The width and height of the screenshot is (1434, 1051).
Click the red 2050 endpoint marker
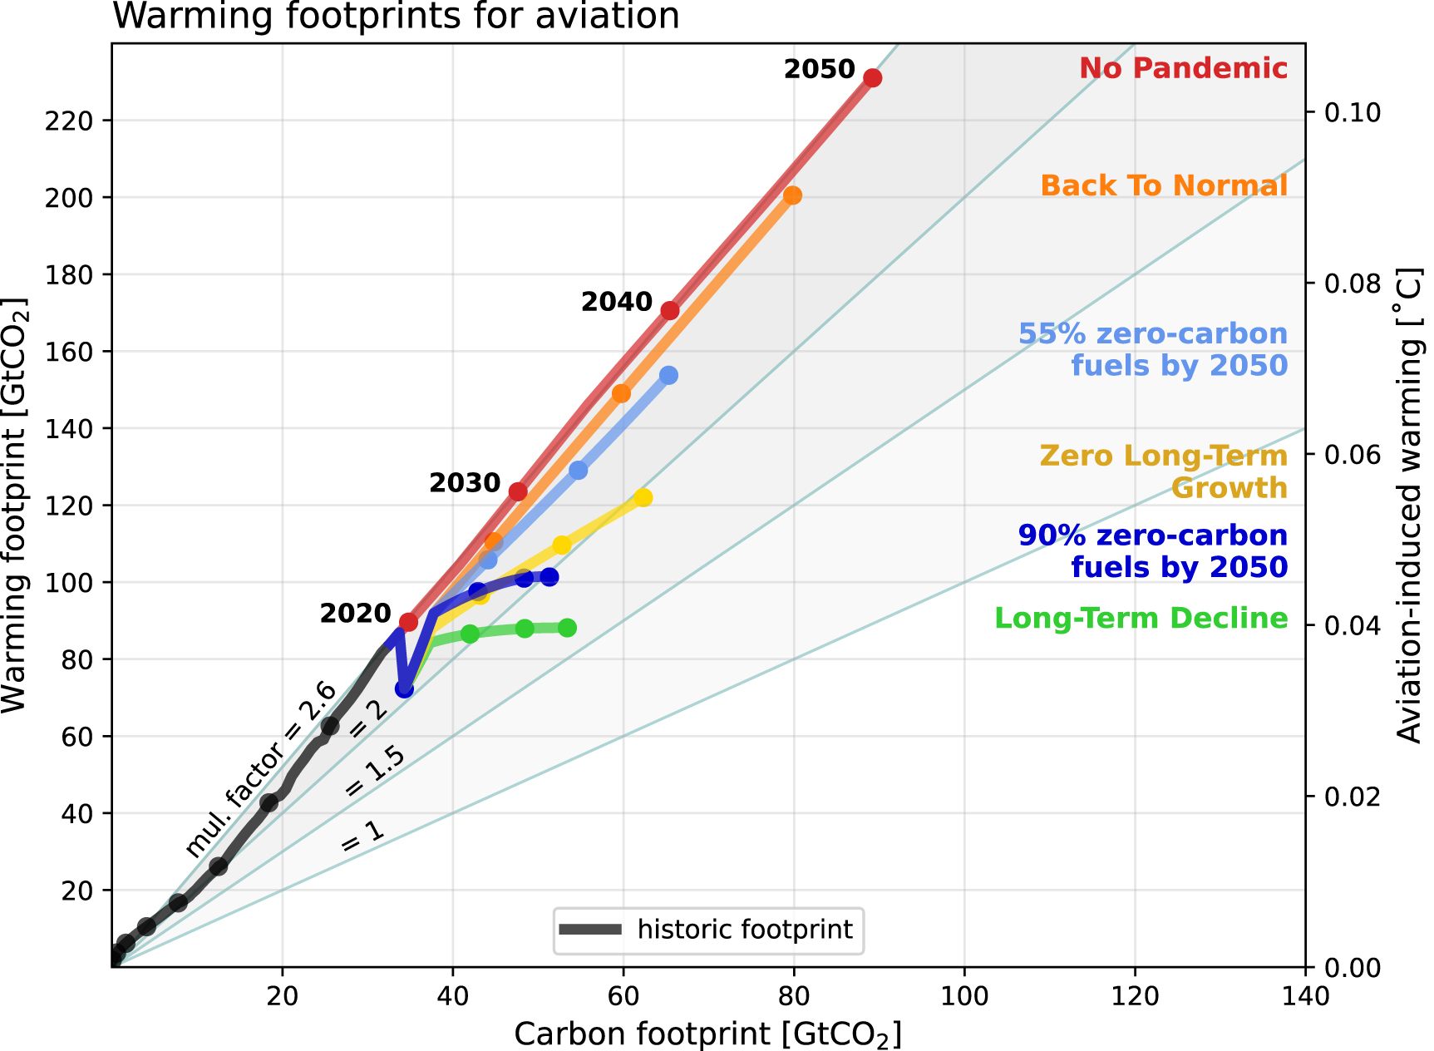coord(872,78)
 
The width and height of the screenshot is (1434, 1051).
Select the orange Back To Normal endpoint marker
coord(793,195)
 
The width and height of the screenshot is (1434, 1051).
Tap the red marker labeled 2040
coord(670,311)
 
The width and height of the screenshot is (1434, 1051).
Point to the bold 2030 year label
coord(465,483)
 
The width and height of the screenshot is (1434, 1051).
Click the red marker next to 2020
coord(408,622)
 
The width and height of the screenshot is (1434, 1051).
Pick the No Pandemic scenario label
coord(1183,68)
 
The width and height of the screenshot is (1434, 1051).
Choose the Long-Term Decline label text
coord(1141,619)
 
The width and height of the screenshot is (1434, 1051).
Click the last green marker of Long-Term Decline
coord(567,628)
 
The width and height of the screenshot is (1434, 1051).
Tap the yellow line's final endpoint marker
coord(643,498)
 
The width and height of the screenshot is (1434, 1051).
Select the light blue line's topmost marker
coord(668,376)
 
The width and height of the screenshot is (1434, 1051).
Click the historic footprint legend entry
coord(709,930)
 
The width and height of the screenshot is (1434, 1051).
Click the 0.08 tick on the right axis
coord(1352,284)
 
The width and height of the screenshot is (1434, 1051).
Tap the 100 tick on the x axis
coord(964,995)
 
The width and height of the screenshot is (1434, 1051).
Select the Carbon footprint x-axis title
coord(707,1034)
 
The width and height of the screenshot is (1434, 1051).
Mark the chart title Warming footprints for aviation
coord(396,16)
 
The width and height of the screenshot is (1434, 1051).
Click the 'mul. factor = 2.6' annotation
coord(260,770)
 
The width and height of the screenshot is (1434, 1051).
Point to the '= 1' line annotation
coord(363,836)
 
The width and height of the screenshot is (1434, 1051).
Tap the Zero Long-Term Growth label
coord(1163,471)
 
